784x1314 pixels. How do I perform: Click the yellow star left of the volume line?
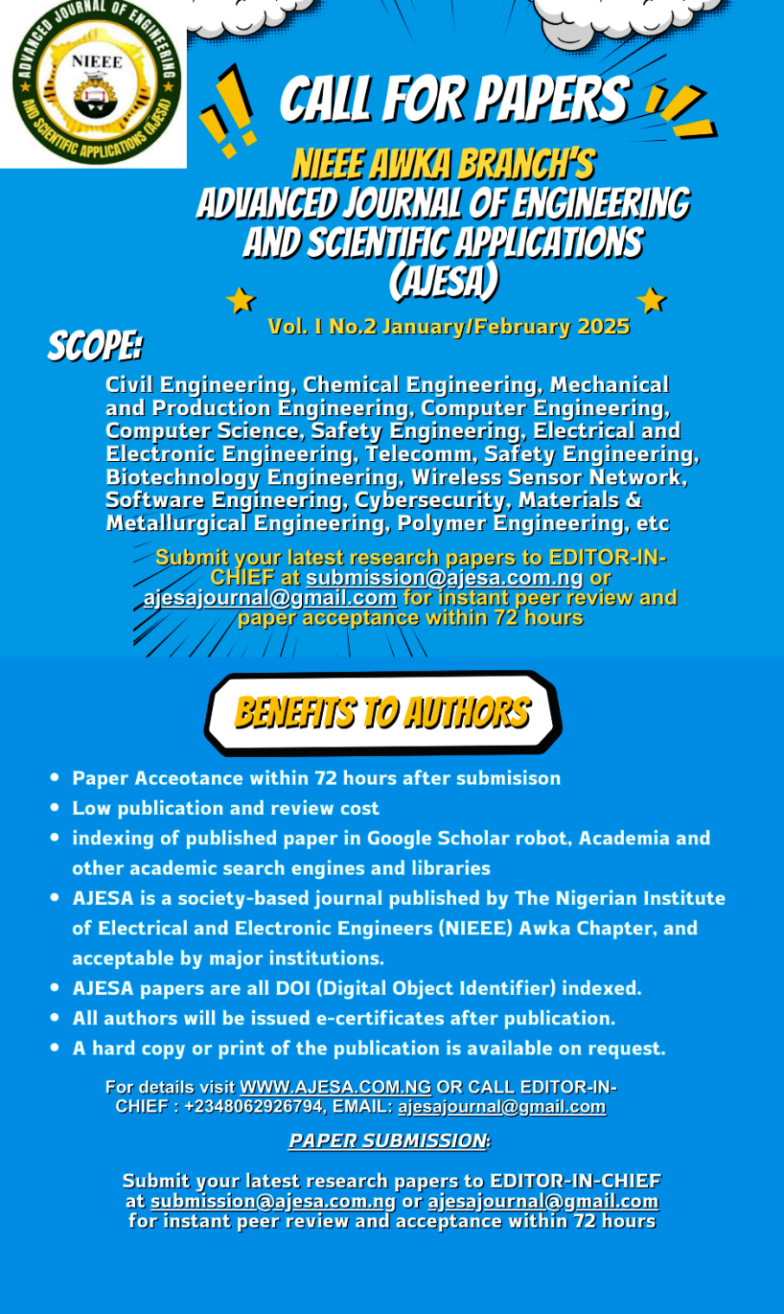240,301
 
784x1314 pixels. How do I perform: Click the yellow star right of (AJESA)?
651,300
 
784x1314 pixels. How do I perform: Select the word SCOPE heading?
95,346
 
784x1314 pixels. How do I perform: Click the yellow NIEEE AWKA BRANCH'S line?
442,165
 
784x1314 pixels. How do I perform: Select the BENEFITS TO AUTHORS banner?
381,713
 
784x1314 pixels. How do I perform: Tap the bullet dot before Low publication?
56,808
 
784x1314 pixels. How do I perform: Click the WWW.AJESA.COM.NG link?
335,1087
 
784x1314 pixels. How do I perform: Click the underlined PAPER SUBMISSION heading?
387,1141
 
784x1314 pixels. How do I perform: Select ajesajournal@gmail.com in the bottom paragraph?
542,1201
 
